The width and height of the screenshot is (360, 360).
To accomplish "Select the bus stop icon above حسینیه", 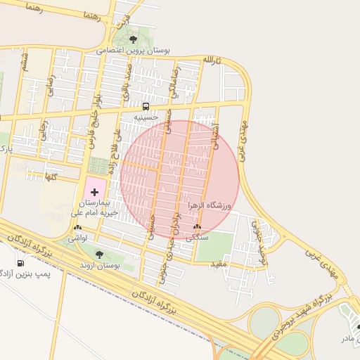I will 145,107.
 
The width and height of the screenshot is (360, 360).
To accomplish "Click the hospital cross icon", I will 95,191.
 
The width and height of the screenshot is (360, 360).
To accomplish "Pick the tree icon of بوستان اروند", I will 98,255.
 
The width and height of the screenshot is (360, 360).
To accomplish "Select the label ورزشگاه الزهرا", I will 209,205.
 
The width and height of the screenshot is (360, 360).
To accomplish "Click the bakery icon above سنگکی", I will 197,227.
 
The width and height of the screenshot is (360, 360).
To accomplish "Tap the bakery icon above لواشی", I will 77,227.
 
